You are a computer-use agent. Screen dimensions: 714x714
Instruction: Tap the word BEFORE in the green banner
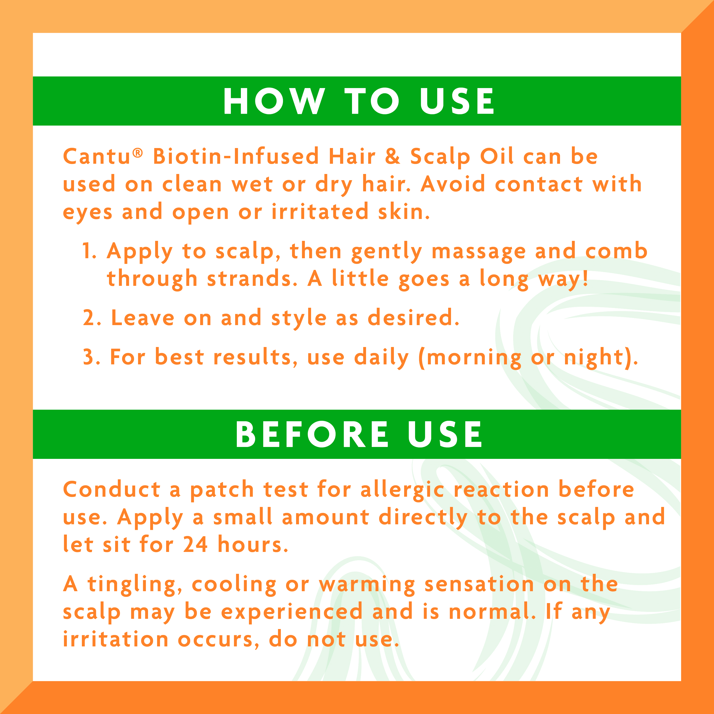(x=312, y=435)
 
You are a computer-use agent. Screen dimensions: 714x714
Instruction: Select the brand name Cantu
(x=97, y=156)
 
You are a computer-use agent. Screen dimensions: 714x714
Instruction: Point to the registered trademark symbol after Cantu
(x=138, y=152)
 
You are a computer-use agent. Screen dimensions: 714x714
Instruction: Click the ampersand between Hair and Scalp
(x=392, y=156)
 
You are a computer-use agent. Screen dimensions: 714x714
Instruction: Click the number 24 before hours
(x=195, y=545)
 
